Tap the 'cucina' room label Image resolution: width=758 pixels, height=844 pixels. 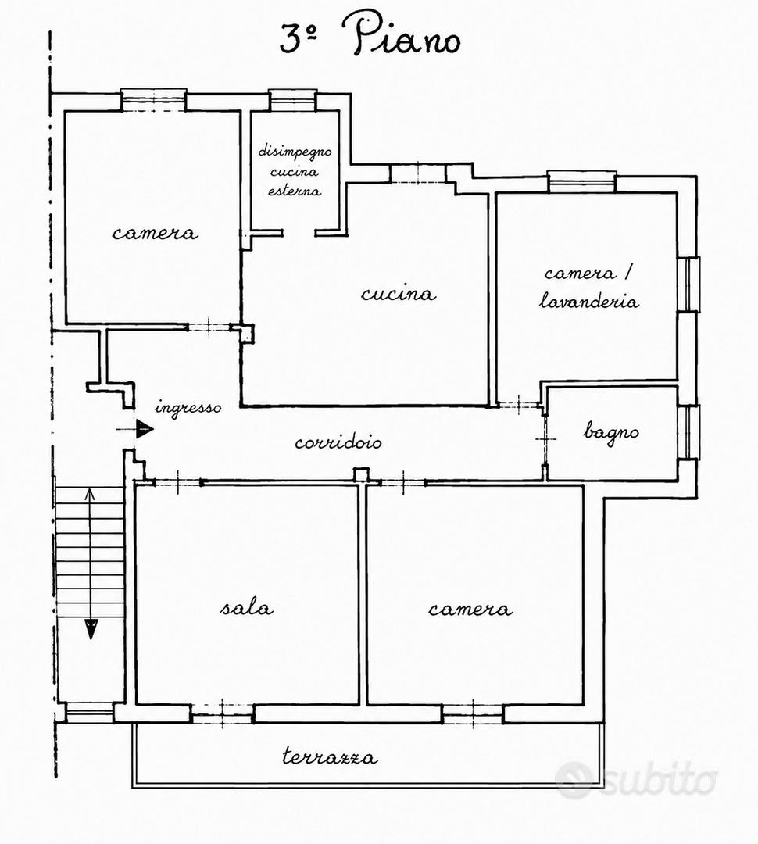tap(399, 294)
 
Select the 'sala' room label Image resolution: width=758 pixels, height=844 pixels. tap(247, 608)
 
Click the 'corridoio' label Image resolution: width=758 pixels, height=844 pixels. tap(338, 442)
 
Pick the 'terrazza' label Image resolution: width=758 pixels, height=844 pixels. tap(330, 756)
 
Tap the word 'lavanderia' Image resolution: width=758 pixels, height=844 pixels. tap(589, 301)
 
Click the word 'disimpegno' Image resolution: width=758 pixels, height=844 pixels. tap(295, 152)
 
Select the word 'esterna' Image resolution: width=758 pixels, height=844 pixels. tap(295, 191)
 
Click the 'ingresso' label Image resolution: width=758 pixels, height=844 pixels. tap(188, 407)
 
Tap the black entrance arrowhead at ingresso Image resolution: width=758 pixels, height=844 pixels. tap(145, 429)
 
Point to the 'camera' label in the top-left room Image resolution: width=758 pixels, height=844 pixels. tap(155, 233)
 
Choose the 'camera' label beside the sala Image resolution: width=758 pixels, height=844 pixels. tap(470, 609)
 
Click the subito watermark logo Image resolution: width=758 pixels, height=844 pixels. tap(637, 778)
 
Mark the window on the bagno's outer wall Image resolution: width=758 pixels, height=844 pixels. tap(688, 431)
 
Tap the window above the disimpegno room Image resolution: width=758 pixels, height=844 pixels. tap(293, 100)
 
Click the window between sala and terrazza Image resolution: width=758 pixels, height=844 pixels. tap(223, 713)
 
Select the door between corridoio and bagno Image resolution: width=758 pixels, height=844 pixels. tap(545, 439)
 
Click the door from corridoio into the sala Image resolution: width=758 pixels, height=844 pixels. tap(178, 482)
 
